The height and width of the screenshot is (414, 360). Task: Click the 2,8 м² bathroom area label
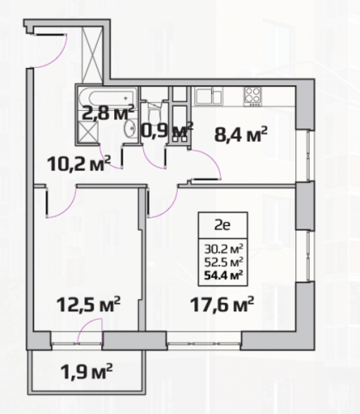click(x=108, y=112)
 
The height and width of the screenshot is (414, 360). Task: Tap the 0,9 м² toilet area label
click(x=166, y=130)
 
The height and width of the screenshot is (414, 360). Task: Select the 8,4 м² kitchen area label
click(x=241, y=134)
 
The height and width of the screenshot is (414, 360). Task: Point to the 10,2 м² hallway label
click(x=79, y=163)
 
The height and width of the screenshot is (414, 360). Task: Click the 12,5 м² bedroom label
click(x=89, y=304)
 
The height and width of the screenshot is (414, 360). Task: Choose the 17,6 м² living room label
click(x=222, y=304)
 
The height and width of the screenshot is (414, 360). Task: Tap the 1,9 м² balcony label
click(x=86, y=371)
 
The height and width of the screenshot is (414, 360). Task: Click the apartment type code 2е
click(x=223, y=225)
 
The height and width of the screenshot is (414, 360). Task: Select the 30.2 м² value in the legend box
click(x=223, y=249)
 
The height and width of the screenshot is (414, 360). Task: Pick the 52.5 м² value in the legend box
click(x=223, y=262)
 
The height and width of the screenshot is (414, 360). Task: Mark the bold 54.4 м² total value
click(x=223, y=275)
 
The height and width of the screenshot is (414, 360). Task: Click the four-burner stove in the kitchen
click(x=252, y=96)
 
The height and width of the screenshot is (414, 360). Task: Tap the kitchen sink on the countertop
click(x=209, y=96)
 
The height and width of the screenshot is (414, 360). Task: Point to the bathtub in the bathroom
click(x=108, y=97)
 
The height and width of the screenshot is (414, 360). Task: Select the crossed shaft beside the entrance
click(x=93, y=55)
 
